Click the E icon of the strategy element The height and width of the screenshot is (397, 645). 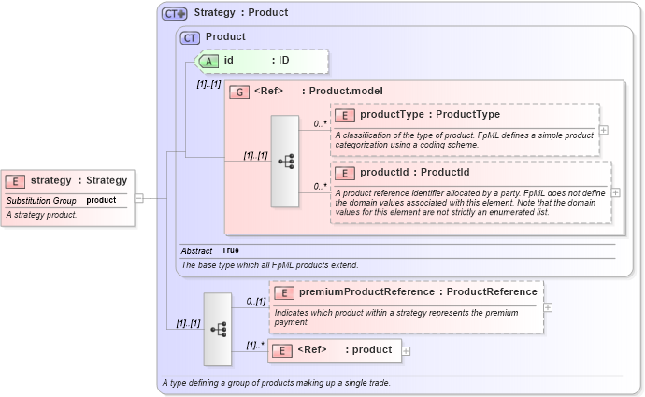pyautogui.click(x=16, y=181)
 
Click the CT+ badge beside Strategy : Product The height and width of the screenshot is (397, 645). pyautogui.click(x=174, y=13)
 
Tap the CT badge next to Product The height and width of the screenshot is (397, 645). pyautogui.click(x=190, y=37)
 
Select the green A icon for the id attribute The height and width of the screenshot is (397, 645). pyautogui.click(x=210, y=61)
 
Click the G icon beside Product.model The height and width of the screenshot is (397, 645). pyautogui.click(x=239, y=91)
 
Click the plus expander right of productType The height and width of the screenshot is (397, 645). pyautogui.click(x=604, y=130)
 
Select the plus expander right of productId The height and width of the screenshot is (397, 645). pyautogui.click(x=615, y=192)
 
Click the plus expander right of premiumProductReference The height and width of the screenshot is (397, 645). pyautogui.click(x=548, y=306)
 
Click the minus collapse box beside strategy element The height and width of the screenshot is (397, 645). pyautogui.click(x=138, y=198)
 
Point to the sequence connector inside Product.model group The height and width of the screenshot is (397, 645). pyautogui.click(x=285, y=161)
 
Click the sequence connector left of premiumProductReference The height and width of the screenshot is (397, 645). pyautogui.click(x=218, y=329)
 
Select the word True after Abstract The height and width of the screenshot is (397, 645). pyautogui.click(x=229, y=250)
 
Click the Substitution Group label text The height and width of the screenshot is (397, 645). pyautogui.click(x=41, y=200)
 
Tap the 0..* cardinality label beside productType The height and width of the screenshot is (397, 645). pyautogui.click(x=319, y=124)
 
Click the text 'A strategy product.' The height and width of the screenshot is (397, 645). pyautogui.click(x=41, y=215)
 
